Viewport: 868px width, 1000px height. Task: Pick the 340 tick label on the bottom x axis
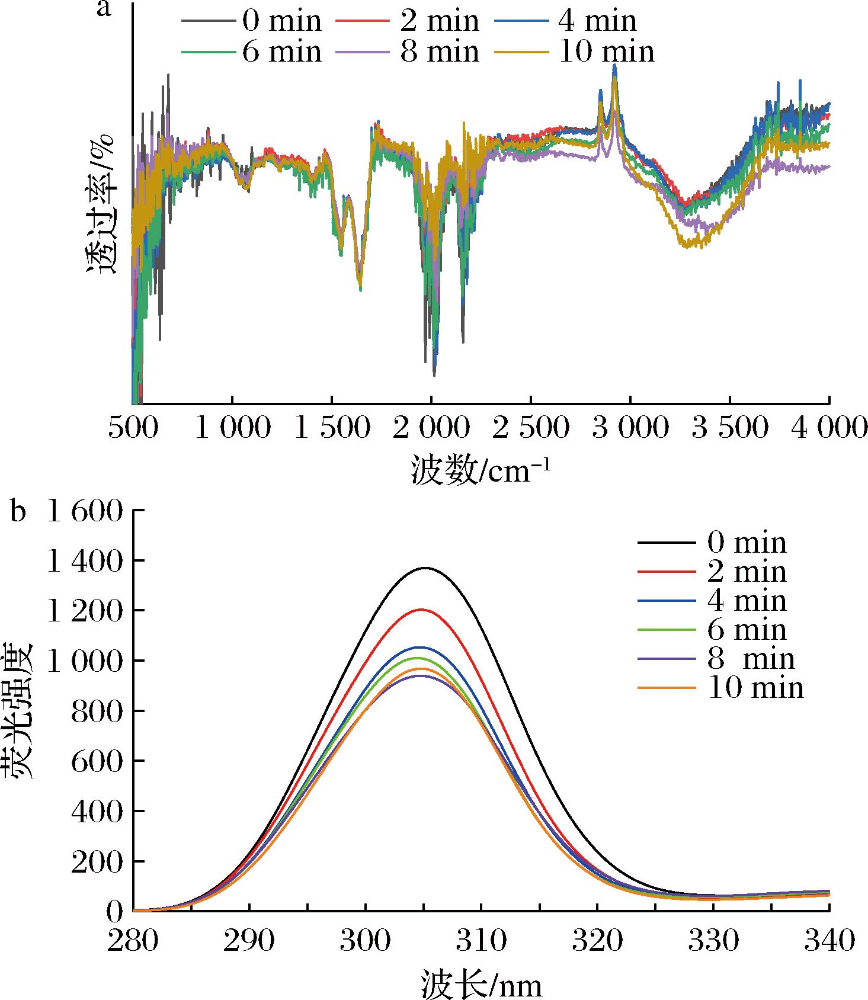click(x=828, y=941)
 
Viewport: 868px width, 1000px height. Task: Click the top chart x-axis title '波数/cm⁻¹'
click(x=481, y=472)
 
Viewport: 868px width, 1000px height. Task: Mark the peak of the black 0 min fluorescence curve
click(x=425, y=568)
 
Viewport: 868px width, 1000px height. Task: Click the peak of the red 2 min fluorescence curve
click(x=422, y=610)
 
